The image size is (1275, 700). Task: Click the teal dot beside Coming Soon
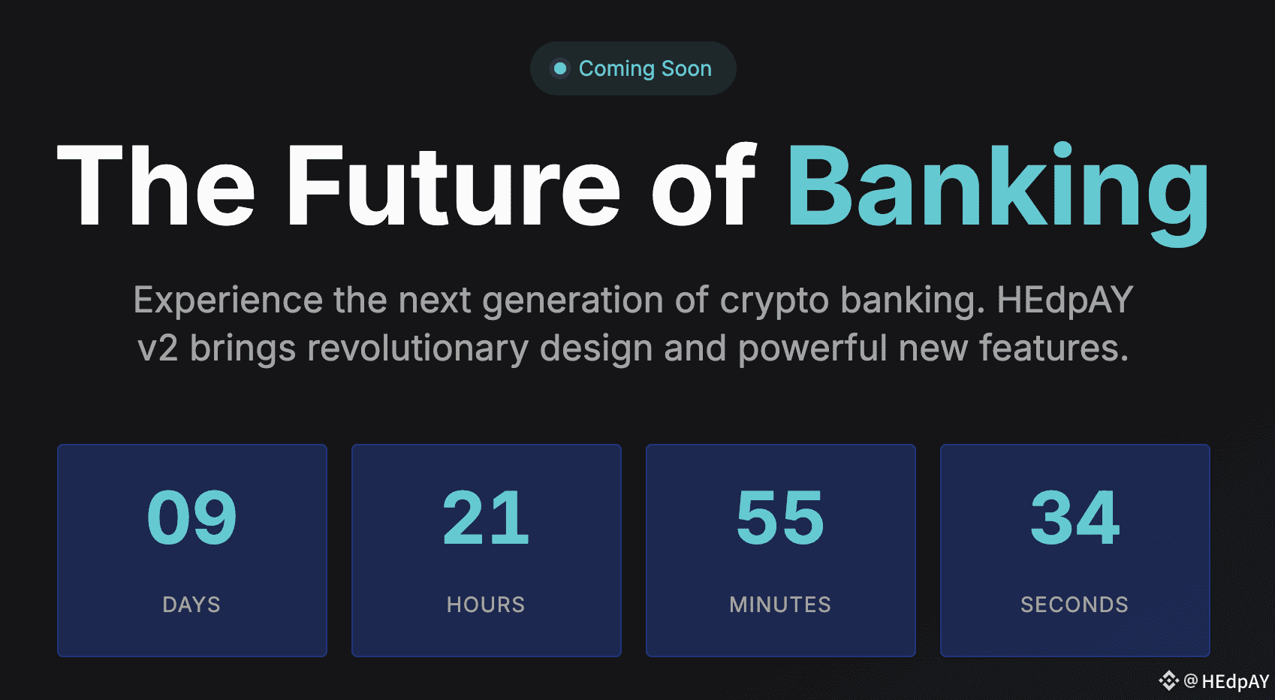coord(560,68)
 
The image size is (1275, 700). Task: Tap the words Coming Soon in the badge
coord(645,68)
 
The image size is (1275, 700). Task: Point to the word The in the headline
coord(155,186)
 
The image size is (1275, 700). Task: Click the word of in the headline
coord(704,185)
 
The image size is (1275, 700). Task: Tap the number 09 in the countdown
coord(191,517)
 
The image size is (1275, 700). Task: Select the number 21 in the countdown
coord(486,517)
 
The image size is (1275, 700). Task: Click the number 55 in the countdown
coord(780,518)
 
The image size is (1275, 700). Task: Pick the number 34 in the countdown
coord(1075,517)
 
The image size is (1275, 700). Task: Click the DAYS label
coord(191,605)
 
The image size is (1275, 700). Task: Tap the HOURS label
coord(486,605)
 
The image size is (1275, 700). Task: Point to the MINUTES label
coord(780,605)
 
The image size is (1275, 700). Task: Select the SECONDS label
coord(1075,605)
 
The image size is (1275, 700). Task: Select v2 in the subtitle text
coord(158,348)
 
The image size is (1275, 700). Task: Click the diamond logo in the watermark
coord(1168,680)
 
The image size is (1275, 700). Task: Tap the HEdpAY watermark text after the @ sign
coord(1236,681)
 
